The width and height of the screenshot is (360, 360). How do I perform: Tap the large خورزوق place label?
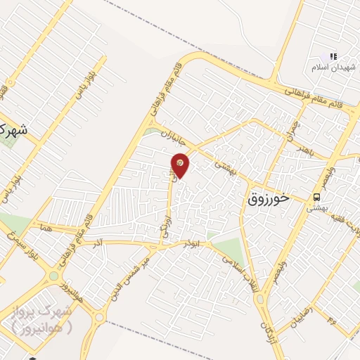[269, 199]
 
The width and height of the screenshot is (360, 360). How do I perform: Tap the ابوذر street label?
[189, 243]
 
